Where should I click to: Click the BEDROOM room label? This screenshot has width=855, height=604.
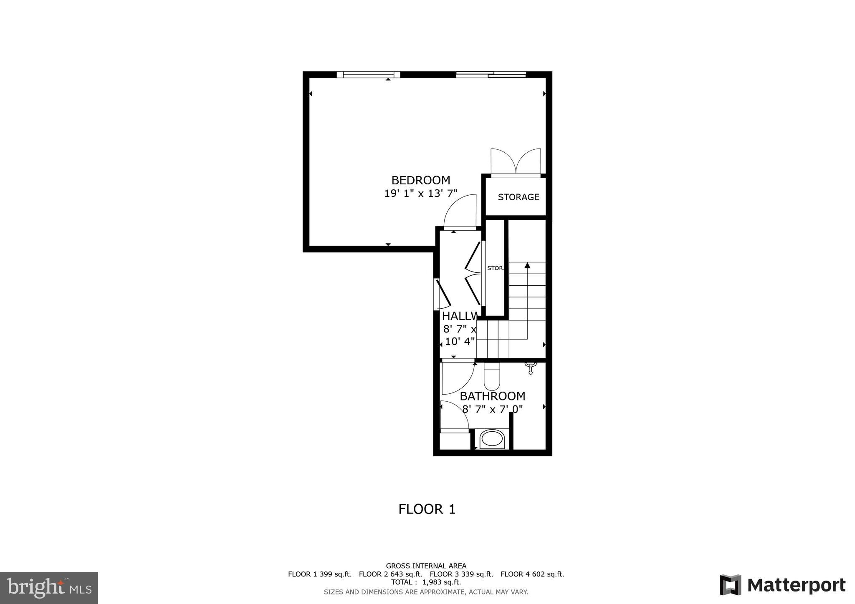coord(421,180)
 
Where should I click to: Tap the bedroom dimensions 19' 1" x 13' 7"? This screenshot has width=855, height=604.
coord(421,194)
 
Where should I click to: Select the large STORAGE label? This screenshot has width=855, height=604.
coord(519,197)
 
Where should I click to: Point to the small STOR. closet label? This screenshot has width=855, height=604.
coord(496,268)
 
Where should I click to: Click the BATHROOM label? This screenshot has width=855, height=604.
coord(492,396)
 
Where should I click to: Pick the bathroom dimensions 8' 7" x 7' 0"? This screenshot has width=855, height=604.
coord(492,409)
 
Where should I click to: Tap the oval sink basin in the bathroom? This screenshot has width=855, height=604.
coord(492,439)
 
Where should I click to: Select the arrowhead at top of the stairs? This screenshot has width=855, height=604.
coord(527,265)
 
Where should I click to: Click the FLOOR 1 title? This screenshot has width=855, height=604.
coord(427,509)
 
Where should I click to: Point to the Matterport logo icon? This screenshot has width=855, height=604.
coord(730,585)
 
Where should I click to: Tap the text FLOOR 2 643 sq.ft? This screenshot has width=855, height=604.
coord(390,574)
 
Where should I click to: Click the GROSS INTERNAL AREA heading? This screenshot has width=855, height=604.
coord(426,566)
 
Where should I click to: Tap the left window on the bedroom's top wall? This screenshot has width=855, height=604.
coord(368,75)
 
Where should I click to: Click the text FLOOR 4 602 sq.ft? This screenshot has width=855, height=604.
coord(532,574)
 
